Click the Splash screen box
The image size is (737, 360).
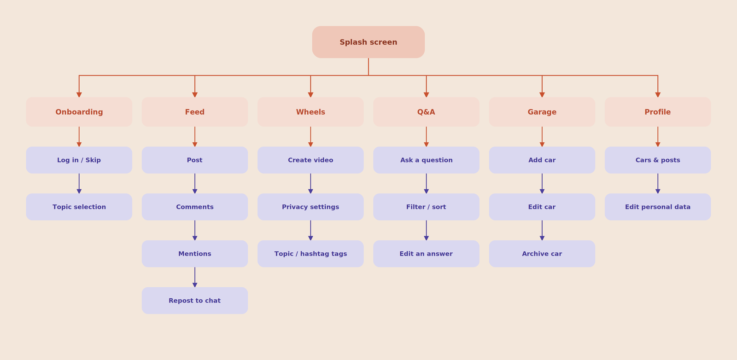[368, 42]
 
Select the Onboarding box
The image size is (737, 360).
[79, 112]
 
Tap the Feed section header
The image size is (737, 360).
[195, 112]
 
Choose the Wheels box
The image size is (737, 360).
[310, 112]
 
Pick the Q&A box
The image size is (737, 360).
[426, 112]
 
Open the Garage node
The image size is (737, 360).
[542, 112]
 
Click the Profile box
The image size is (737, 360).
[658, 112]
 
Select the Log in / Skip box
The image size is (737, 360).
[79, 160]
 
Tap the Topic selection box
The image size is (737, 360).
[79, 207]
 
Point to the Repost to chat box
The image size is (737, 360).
[195, 301]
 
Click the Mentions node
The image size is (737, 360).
[195, 254]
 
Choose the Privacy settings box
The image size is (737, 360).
[310, 207]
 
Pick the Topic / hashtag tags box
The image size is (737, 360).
[310, 254]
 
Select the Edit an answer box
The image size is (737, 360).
[426, 254]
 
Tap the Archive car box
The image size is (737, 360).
[542, 254]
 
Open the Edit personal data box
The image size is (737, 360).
[658, 207]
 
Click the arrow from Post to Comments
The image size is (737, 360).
[195, 183]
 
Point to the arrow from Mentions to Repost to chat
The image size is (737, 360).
[195, 277]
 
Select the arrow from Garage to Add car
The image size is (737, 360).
[542, 137]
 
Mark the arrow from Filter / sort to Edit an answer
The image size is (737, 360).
[426, 231]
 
